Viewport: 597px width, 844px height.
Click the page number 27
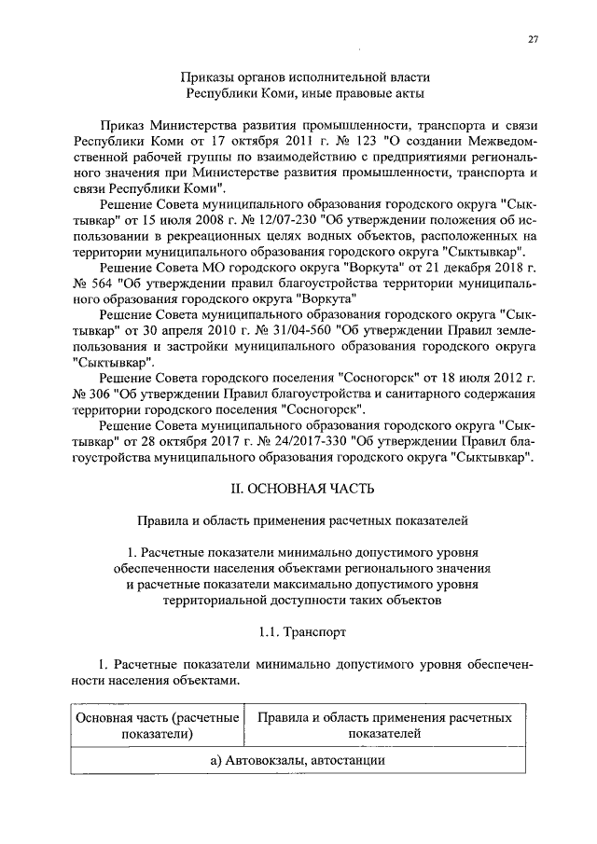coord(534,39)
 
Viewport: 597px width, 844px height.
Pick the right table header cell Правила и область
coord(385,726)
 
